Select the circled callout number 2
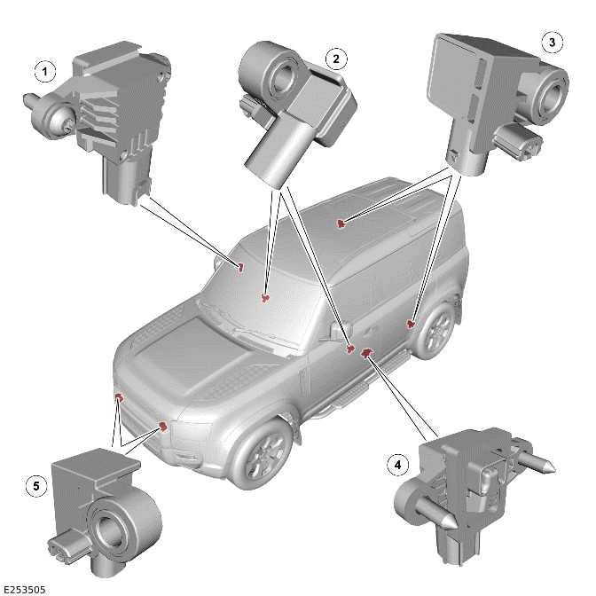pos(335,59)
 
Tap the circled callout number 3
pos(552,41)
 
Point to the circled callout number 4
pos(397,463)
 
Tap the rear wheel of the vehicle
pos(436,330)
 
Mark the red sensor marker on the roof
pos(341,224)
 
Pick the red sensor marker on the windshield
pos(265,299)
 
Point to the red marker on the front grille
pos(163,427)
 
